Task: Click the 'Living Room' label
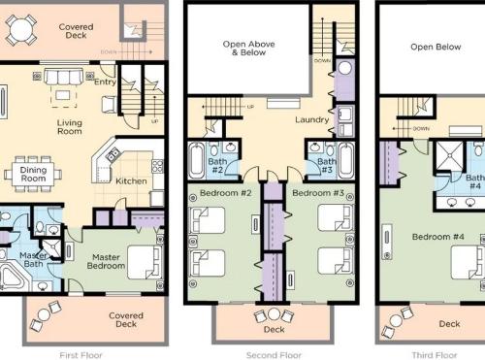click(70, 127)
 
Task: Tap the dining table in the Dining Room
click(33, 174)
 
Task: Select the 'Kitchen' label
click(131, 181)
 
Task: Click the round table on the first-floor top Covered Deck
click(21, 30)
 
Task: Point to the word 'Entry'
click(105, 82)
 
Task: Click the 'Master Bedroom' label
click(106, 262)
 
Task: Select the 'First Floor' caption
click(81, 355)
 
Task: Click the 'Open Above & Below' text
click(248, 49)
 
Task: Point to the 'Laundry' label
click(312, 119)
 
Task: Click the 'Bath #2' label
click(217, 165)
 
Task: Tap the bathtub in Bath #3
click(346, 160)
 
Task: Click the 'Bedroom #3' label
click(318, 193)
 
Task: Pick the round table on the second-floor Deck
click(274, 314)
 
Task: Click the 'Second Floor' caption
click(274, 355)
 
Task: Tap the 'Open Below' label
click(436, 47)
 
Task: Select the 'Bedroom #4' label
click(438, 237)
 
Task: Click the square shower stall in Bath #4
click(450, 155)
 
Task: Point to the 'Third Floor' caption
click(435, 355)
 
